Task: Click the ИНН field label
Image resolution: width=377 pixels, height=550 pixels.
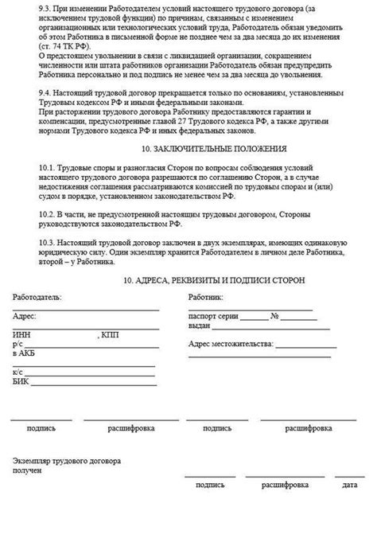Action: [21, 335]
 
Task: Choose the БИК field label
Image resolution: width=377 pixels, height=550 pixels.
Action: [21, 381]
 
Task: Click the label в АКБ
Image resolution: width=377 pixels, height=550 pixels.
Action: [25, 353]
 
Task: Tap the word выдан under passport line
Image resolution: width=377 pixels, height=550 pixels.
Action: [200, 326]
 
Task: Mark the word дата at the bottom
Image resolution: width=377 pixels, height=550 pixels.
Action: [350, 484]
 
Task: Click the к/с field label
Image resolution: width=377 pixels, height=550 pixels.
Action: [18, 372]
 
